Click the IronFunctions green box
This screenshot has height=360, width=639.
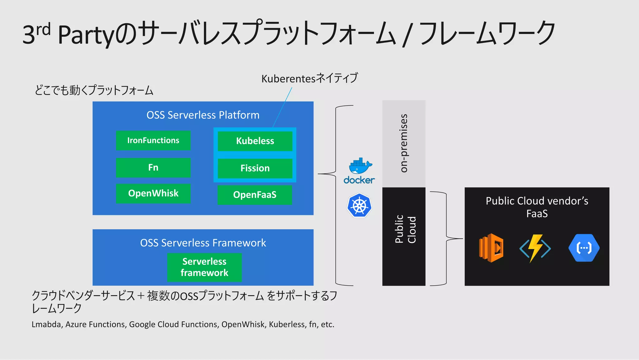point(153,141)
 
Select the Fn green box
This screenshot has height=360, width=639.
point(153,168)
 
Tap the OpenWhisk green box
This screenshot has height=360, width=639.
point(153,193)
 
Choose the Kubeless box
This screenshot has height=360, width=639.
point(255,141)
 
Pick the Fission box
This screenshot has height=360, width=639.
point(255,168)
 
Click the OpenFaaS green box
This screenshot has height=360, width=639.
point(255,195)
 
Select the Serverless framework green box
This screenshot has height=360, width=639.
point(204,267)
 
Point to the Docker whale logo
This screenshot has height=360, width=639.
point(360,166)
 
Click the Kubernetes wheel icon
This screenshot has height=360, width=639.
point(359,206)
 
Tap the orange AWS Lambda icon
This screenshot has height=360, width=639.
point(491,248)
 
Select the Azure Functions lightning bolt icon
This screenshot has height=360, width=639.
point(535,248)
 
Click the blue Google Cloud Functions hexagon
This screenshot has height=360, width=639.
point(584,248)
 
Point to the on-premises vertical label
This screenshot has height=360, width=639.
point(404,143)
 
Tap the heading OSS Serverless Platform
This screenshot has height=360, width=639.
point(203,115)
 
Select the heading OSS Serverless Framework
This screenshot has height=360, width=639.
point(203,243)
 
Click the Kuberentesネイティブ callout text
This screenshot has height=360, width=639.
point(309,78)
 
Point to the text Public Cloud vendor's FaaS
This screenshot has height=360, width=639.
point(537,207)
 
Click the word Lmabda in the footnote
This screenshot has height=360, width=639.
point(46,324)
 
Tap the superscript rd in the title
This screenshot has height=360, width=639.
point(43,30)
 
